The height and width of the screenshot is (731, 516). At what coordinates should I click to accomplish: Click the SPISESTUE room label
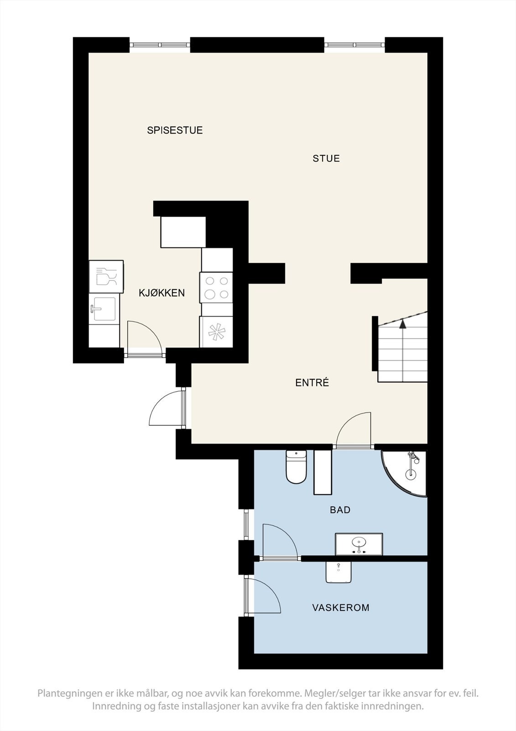(x=175, y=130)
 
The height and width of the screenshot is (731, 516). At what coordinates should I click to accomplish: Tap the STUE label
(x=326, y=159)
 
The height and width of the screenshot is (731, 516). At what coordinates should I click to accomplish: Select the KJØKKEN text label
(x=162, y=293)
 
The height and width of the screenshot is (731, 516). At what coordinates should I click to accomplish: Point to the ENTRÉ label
(x=312, y=383)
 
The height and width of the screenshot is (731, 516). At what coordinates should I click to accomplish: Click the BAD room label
(x=340, y=510)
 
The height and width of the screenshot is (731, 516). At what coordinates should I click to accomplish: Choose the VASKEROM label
(x=340, y=608)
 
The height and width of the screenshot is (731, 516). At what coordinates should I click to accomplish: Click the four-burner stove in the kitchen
(x=217, y=288)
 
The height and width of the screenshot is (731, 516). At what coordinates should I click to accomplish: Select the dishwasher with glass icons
(x=106, y=276)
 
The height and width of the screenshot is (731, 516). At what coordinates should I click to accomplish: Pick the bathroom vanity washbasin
(x=359, y=544)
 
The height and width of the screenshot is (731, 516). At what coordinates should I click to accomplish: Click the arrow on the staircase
(x=402, y=324)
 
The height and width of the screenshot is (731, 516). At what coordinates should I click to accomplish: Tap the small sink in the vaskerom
(x=339, y=572)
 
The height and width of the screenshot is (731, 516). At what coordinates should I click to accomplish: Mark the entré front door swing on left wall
(x=167, y=408)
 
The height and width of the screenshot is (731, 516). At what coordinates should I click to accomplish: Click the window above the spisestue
(x=160, y=45)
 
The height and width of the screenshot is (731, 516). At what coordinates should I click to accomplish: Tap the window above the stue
(x=354, y=45)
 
